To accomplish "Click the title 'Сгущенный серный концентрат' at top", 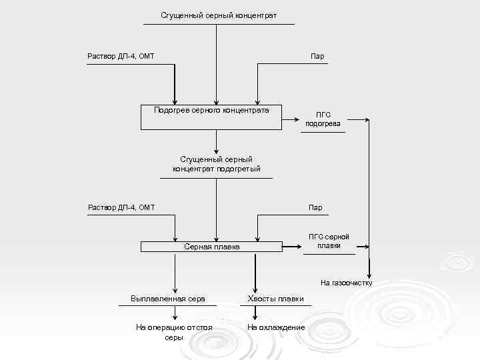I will [219, 15].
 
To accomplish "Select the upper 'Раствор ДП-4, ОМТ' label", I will [121, 56].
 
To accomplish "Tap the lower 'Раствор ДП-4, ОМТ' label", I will [121, 208].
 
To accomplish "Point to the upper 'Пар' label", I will [317, 56].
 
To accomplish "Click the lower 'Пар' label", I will [315, 208].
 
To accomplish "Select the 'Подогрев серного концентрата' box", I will [211, 117].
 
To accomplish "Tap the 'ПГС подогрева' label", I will [323, 119].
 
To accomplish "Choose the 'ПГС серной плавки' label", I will [329, 241].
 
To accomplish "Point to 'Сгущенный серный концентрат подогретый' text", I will [216, 164].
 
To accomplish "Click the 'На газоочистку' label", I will [346, 283].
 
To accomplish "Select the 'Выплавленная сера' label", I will [167, 299].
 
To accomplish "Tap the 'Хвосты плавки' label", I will [275, 299].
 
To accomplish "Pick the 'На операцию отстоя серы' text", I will [174, 332].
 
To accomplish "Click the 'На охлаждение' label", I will [276, 327].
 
